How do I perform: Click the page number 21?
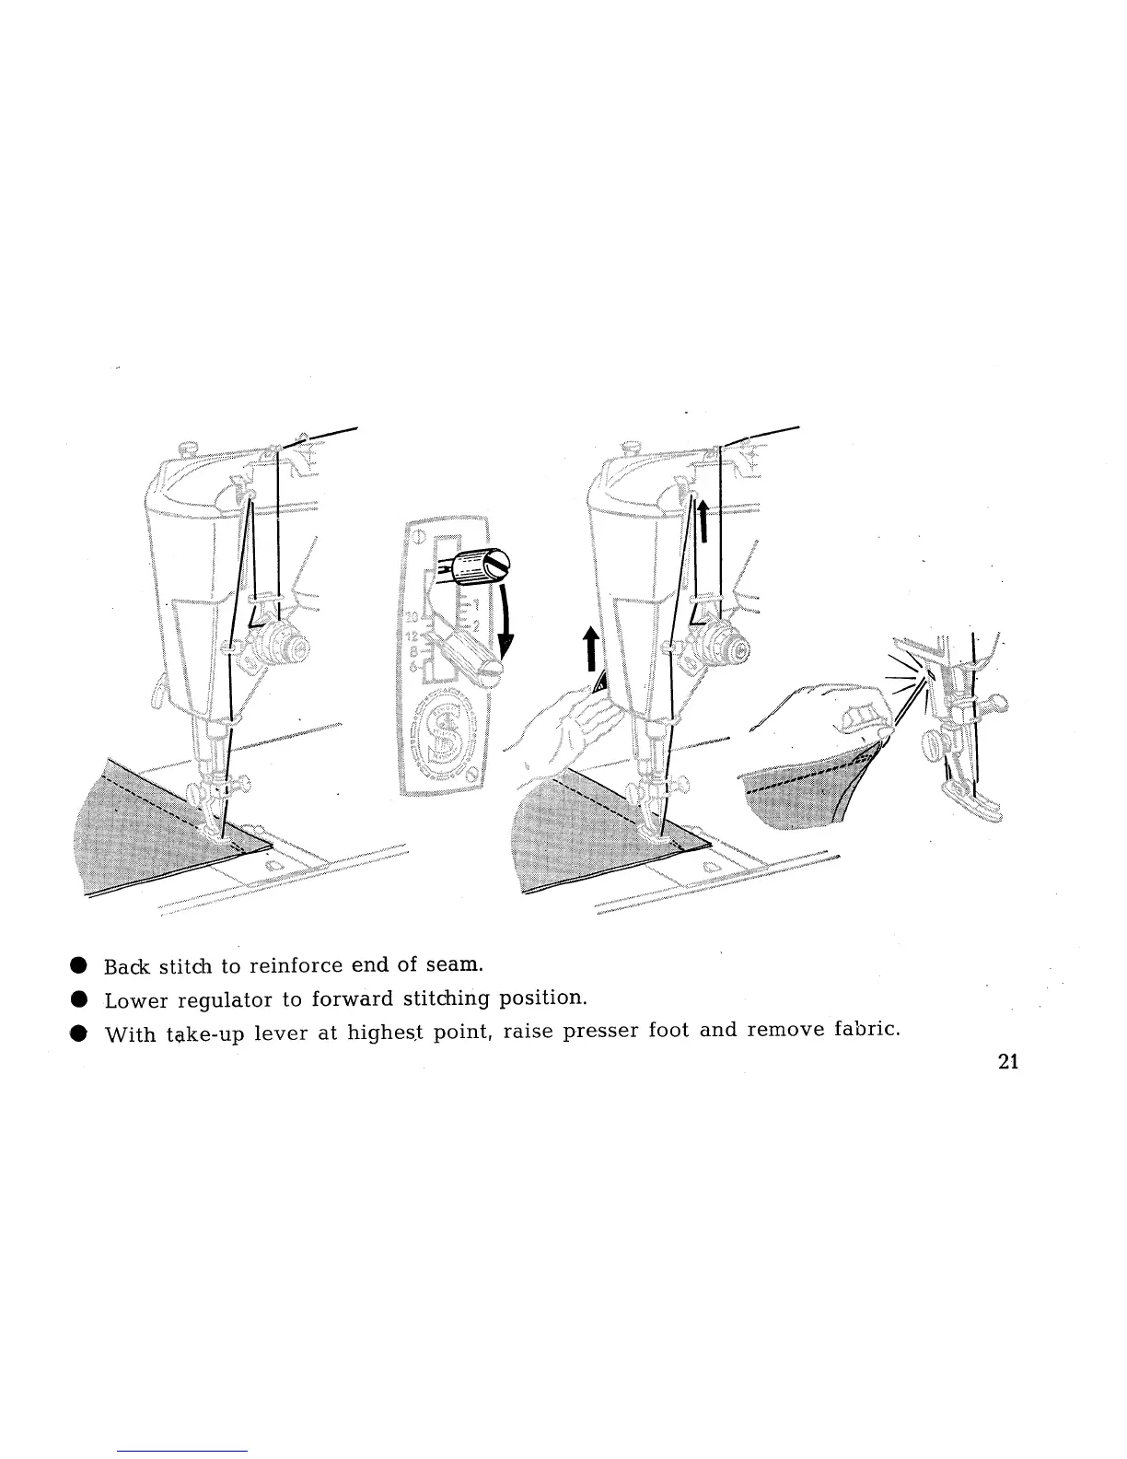(x=1007, y=1062)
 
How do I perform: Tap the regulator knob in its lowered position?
(x=479, y=658)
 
